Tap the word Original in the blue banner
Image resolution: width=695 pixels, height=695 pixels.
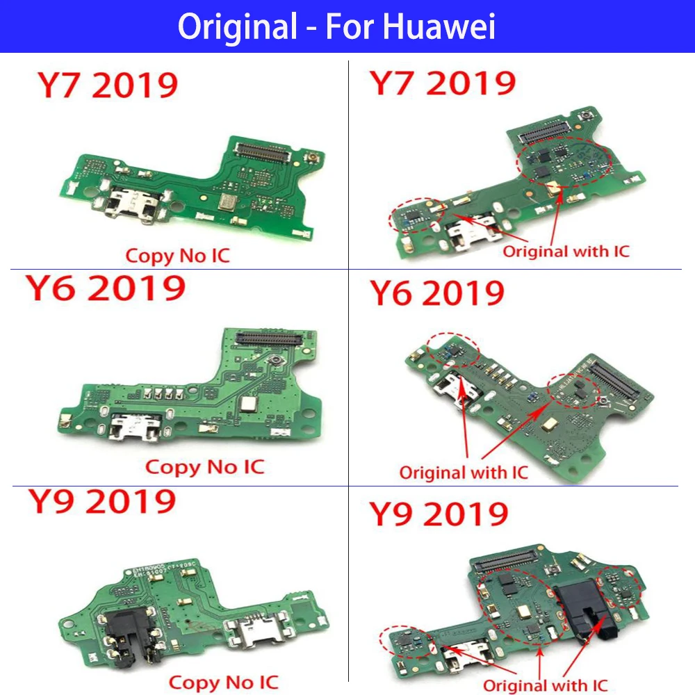pyautogui.click(x=236, y=26)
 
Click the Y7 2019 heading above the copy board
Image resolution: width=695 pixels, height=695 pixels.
pyautogui.click(x=108, y=86)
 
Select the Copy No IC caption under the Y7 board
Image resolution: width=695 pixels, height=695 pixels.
pyautogui.click(x=177, y=255)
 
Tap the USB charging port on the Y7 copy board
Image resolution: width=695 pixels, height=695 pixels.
pyautogui.click(x=129, y=197)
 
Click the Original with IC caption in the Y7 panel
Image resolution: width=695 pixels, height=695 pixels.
pyautogui.click(x=566, y=251)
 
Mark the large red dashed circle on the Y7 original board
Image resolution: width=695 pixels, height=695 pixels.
pyautogui.click(x=564, y=163)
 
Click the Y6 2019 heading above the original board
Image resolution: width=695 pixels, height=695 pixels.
pyautogui.click(x=436, y=294)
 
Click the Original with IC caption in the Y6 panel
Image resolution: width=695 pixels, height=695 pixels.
pyautogui.click(x=464, y=473)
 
